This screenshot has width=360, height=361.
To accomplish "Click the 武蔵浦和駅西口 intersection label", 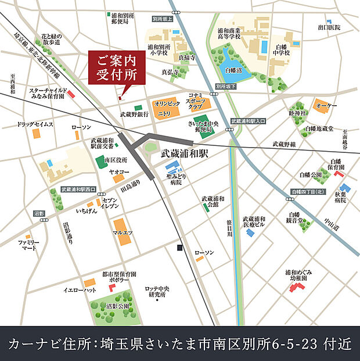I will (x=79, y=190).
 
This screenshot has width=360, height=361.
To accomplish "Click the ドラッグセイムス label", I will (x=35, y=124).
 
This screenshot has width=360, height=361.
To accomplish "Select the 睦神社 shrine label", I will (x=297, y=113).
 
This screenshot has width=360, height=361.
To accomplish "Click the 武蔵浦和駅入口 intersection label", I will (x=248, y=121).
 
